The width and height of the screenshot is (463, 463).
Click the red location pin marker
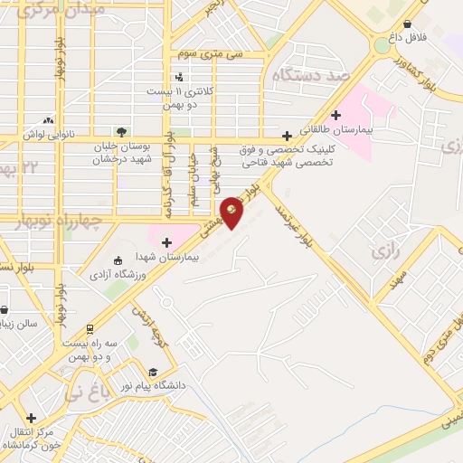coord(232,212)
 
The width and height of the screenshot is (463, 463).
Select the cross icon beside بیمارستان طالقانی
coord(335,115)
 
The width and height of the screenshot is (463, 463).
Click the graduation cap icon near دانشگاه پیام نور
coord(153,372)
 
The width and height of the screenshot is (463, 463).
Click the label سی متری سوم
coord(211,54)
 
